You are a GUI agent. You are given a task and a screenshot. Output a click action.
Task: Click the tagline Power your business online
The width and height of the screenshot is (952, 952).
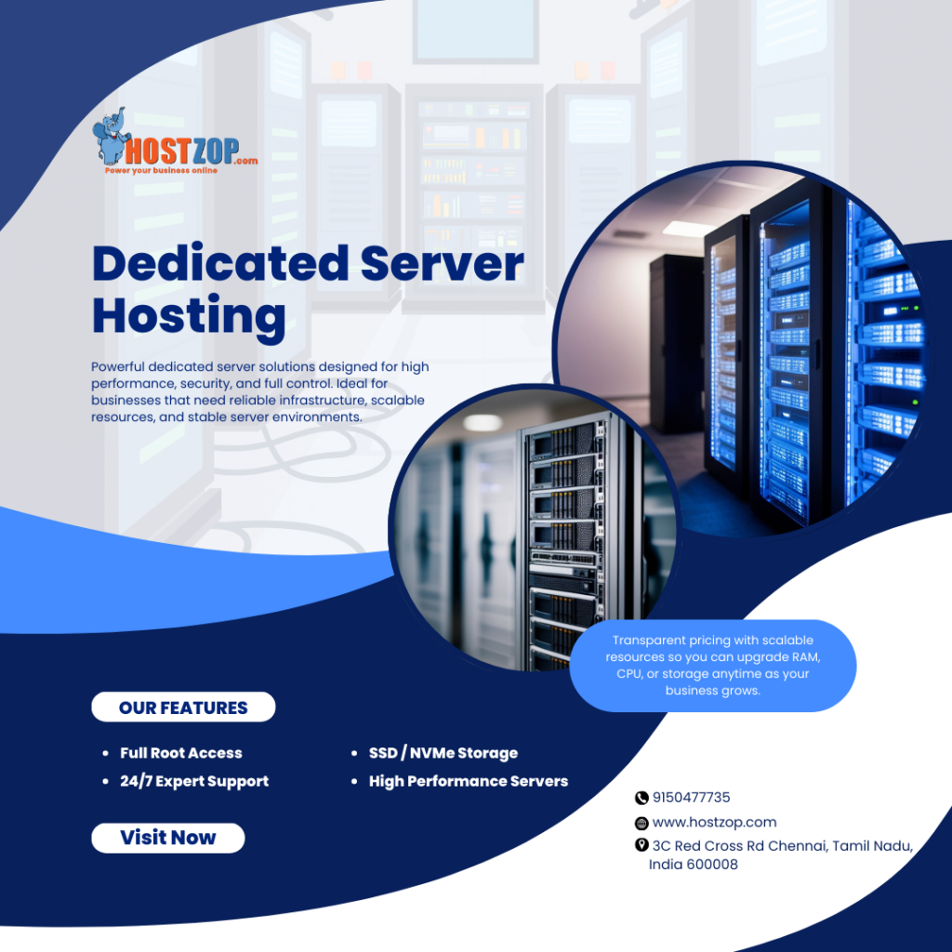(x=161, y=171)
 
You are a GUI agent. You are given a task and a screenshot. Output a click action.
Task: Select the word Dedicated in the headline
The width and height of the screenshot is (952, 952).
(x=218, y=264)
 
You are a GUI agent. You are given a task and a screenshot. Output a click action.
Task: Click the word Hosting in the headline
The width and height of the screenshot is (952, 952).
(x=189, y=316)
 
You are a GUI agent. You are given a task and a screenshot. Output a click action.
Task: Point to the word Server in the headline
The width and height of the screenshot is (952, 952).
(x=443, y=264)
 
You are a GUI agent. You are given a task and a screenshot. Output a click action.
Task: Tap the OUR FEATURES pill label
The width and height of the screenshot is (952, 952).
(x=183, y=707)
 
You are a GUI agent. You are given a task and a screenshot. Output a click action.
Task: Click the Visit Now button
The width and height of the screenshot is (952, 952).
(x=168, y=838)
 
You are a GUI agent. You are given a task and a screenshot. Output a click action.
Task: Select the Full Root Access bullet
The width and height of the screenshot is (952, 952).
(x=181, y=753)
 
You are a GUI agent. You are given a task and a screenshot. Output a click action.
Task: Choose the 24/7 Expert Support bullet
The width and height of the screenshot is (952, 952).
(x=194, y=781)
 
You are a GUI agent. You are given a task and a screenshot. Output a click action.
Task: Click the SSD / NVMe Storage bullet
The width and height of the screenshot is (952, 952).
(x=443, y=753)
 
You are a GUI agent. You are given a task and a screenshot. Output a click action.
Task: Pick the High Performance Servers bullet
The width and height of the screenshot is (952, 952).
(x=469, y=781)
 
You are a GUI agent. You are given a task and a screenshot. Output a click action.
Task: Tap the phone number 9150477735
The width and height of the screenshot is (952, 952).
(x=692, y=798)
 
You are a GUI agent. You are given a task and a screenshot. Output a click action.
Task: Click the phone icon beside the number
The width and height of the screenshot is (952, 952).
(x=641, y=798)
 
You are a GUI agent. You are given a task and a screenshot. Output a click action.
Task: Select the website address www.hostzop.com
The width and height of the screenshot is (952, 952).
(x=714, y=823)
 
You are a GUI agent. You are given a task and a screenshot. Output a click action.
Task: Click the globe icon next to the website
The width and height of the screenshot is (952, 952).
(x=641, y=823)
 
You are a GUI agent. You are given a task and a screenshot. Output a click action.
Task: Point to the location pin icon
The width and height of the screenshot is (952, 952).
(x=641, y=845)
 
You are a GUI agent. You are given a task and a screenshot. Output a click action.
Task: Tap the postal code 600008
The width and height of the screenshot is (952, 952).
(x=711, y=865)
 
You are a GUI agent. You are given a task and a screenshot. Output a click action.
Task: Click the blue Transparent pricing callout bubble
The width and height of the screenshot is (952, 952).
(x=712, y=666)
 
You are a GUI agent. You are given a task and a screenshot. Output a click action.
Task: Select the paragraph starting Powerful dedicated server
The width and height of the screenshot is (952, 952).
(x=260, y=392)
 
